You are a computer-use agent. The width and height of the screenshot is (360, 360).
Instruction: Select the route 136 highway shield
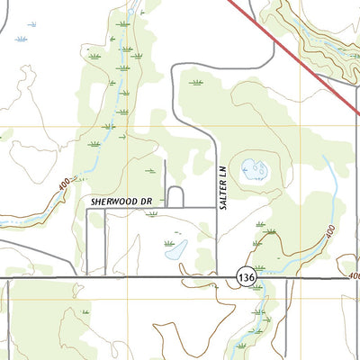tap(247, 279)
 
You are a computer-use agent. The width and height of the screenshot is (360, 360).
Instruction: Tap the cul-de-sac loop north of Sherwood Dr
tap(175, 196)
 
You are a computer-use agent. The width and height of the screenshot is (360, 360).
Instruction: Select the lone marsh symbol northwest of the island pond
tap(195, 83)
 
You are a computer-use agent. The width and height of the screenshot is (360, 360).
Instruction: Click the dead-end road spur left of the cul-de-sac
tap(165, 184)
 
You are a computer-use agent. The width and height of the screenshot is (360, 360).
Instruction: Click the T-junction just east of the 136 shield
tap(288, 278)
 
